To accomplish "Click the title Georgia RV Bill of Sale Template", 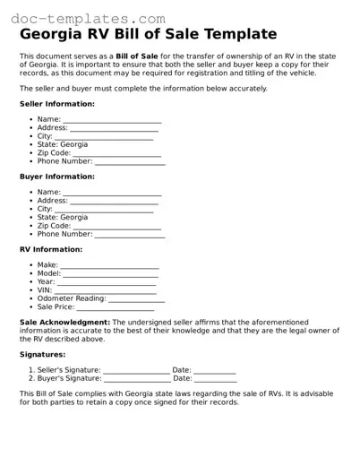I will pos(148,35).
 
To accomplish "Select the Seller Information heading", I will pos(56,105).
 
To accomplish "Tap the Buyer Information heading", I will pos(56,177).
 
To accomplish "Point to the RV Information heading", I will pos(51,249).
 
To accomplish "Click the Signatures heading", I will pos(42,355).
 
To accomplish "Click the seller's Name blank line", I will pos(112,121).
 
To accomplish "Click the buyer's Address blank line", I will pos(114,202).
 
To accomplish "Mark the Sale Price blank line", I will pos(121,308).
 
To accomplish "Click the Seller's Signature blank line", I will pos(135,371).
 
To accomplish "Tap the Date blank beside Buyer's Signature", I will pos(216,380).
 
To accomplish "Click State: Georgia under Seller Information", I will pos(63,144).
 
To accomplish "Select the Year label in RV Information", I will pos(46,282).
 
